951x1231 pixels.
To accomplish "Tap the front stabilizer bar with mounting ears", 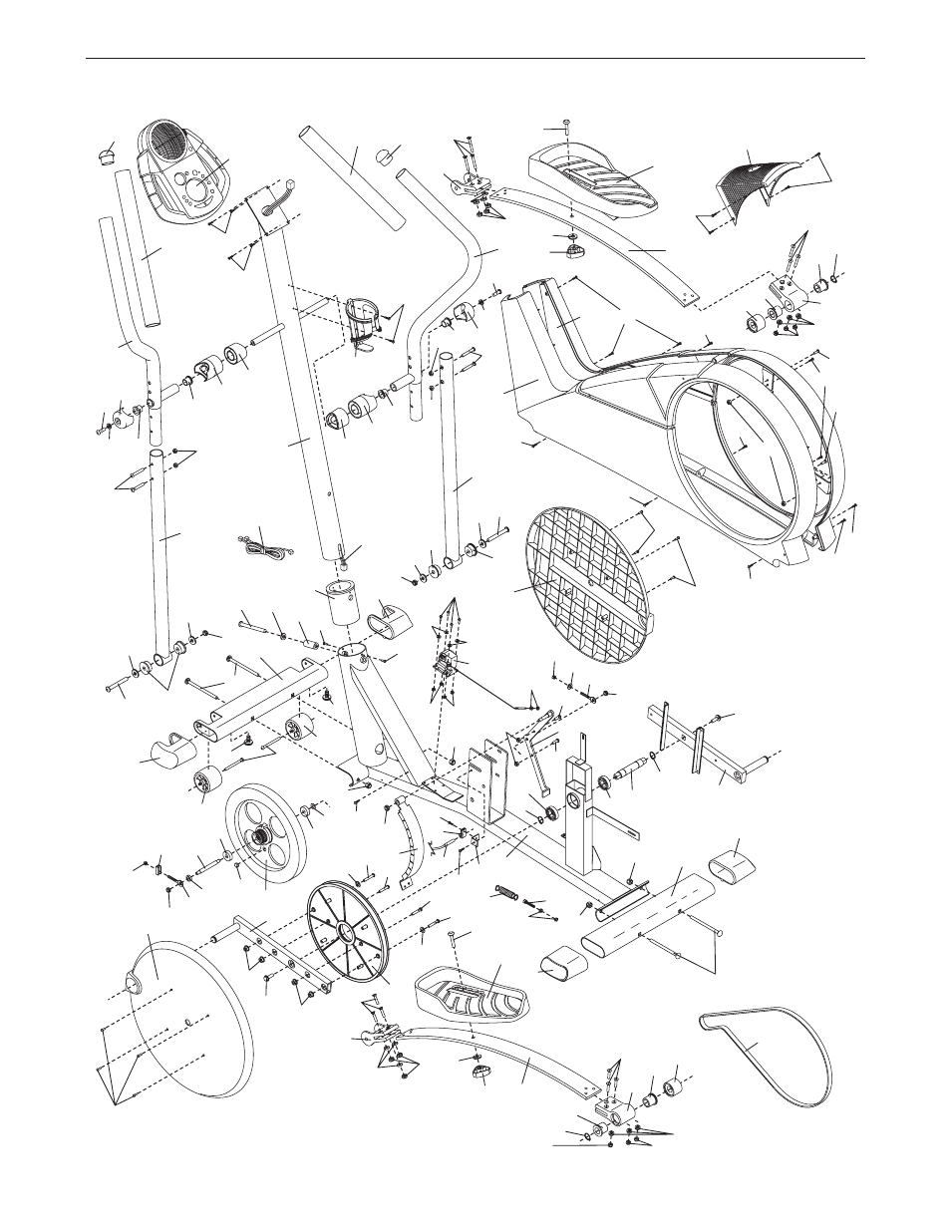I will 264,704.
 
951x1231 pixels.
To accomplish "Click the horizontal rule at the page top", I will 475,59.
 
